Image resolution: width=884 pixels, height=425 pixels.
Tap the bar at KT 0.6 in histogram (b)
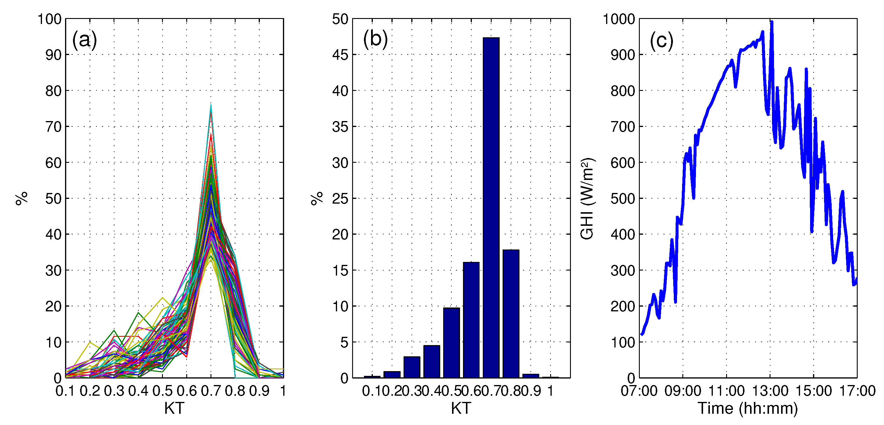coord(471,320)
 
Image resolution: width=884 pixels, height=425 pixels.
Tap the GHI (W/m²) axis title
coord(587,199)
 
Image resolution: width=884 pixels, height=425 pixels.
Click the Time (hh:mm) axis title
coord(748,408)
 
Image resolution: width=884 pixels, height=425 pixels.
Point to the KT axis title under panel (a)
coord(174,408)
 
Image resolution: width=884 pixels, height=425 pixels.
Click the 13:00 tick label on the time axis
coord(770,391)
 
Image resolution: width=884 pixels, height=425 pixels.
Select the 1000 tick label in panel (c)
coord(619,19)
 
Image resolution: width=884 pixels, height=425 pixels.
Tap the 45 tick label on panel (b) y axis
coord(340,55)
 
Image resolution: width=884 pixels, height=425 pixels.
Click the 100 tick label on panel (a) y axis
coord(49,19)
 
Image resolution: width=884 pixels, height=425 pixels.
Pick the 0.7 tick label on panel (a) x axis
coord(211,391)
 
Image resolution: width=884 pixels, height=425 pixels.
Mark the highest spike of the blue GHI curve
coord(772,22)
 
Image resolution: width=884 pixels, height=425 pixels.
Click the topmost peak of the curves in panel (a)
coord(211,105)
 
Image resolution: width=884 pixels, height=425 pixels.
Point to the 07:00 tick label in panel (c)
coord(639,391)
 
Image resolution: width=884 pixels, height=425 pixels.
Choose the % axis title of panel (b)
coord(317,198)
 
